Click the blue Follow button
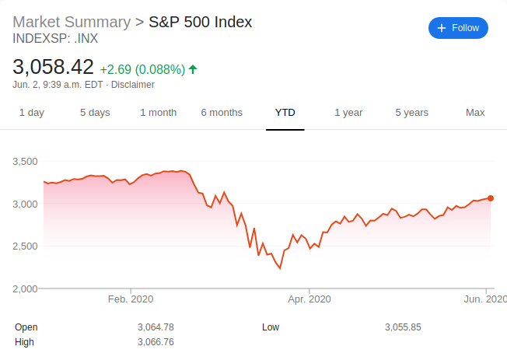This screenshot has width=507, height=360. tap(458, 28)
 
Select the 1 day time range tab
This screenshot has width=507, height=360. tap(32, 113)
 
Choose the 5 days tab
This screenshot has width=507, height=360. tap(95, 113)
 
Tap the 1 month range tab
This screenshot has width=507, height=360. tap(159, 113)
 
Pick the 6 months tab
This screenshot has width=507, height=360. tap(222, 113)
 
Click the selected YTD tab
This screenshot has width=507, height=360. tap(285, 113)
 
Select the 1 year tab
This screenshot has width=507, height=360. tap(348, 113)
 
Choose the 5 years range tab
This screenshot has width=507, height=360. tap(411, 113)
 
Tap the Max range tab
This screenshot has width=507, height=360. tap(475, 113)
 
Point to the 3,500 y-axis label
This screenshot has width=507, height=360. tap(26, 162)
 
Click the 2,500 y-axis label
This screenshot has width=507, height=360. tap(26, 246)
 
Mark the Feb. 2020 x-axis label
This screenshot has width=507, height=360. tap(131, 299)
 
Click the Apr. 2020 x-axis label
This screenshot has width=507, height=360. tap(309, 299)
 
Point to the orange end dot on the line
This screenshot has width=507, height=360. tap(490, 198)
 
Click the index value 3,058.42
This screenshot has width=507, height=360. tap(54, 67)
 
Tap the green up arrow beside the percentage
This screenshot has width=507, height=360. tap(193, 69)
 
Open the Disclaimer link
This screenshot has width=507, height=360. tap(135, 85)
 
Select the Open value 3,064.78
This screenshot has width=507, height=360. tap(156, 327)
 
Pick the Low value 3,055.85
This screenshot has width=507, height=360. tap(403, 327)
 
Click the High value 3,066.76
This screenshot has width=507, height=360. tap(156, 342)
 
